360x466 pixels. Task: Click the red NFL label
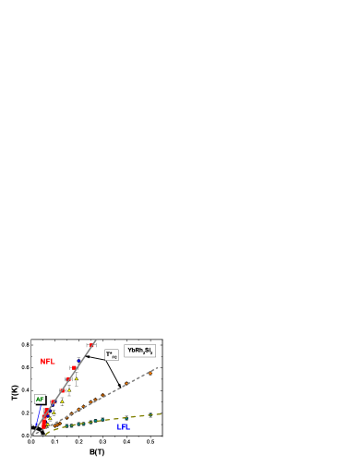tap(47, 362)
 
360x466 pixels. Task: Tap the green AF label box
tap(40, 400)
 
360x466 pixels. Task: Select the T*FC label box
tap(112, 354)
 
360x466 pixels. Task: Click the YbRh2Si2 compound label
tap(140, 351)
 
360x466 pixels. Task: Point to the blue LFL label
tap(123, 427)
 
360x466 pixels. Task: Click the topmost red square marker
tap(92, 346)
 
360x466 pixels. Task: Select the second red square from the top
tap(75, 368)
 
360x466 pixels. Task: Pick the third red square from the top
tap(68, 379)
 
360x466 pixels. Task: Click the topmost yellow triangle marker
tap(76, 378)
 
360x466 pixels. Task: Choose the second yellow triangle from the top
tap(68, 390)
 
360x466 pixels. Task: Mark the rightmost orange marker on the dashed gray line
tap(151, 372)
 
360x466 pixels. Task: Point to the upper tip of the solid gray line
tap(96, 341)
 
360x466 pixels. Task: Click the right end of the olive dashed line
tap(162, 414)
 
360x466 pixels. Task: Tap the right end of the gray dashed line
tap(159, 368)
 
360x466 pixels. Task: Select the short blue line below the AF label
tap(38, 418)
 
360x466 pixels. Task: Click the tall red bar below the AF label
tap(43, 420)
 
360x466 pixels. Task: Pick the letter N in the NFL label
tap(42, 362)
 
